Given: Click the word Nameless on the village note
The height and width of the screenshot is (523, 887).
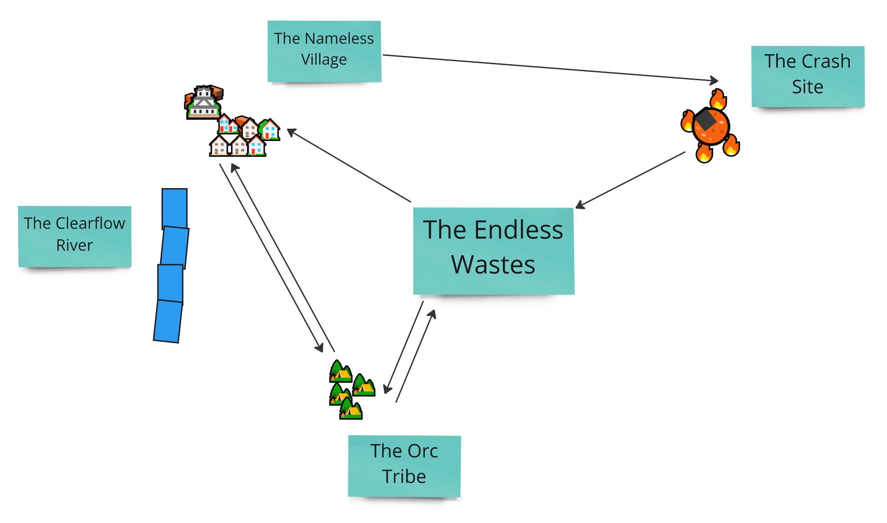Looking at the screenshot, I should point(339,39).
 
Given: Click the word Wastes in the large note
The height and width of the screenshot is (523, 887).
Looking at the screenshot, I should point(493,265).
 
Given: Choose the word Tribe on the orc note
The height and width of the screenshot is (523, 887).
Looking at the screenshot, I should point(404,476).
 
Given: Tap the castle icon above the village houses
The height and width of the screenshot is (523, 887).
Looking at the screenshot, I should point(204,102).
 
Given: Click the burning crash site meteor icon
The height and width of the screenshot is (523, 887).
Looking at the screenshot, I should point(710,126).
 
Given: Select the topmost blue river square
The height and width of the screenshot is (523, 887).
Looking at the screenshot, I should point(175,208).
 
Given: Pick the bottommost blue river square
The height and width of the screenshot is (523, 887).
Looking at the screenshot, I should point(168,321).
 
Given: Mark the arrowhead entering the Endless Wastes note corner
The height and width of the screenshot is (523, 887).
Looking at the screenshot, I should point(579,205).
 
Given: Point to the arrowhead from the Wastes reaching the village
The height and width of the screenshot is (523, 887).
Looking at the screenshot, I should point(291,131).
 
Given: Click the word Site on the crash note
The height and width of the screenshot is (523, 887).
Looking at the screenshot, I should point(807,87).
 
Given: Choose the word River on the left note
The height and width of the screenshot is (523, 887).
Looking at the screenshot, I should point(74,245).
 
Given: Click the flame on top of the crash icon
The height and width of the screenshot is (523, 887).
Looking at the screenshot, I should point(718,99).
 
